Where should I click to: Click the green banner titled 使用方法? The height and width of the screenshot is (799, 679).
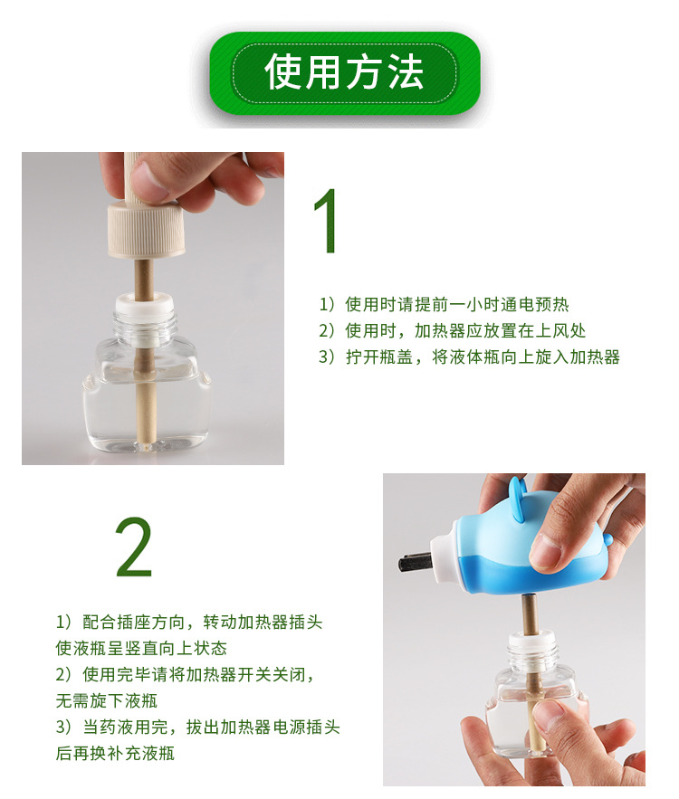[x=344, y=73]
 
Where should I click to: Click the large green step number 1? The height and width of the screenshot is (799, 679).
[x=326, y=223]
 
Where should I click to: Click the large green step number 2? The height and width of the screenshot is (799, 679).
[x=134, y=548]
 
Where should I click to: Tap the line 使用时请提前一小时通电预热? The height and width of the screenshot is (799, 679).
[x=444, y=305]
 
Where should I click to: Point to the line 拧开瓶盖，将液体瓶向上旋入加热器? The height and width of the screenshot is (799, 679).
[x=469, y=357]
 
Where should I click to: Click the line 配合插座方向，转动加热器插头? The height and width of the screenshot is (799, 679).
[x=189, y=623]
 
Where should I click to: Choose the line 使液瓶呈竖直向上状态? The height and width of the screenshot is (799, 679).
[x=140, y=648]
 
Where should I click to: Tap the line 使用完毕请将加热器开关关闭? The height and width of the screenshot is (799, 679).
[x=185, y=675]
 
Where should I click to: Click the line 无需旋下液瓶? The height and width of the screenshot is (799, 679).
[x=106, y=700]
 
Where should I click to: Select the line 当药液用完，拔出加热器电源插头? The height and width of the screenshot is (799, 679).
[x=197, y=728]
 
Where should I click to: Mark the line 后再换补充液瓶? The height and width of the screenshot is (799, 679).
[x=115, y=753]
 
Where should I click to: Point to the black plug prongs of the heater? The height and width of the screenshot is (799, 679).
[x=415, y=563]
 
